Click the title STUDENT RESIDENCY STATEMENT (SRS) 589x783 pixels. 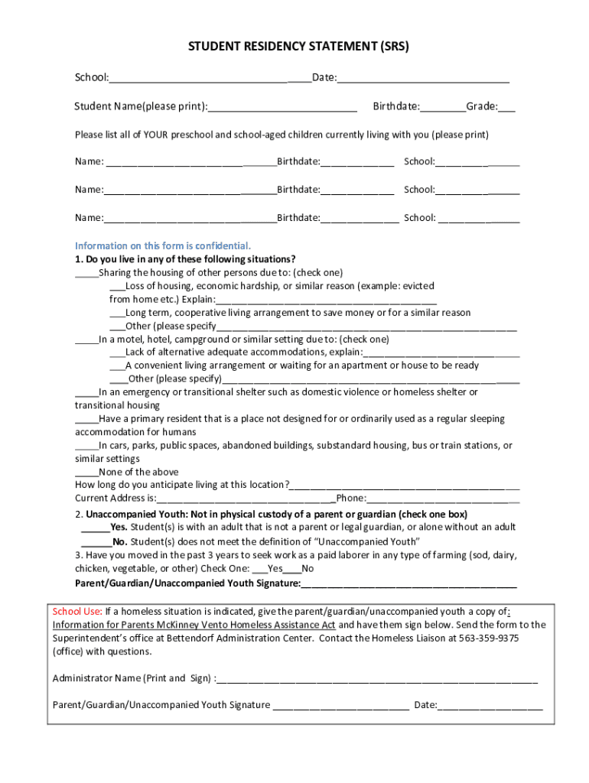click(x=298, y=47)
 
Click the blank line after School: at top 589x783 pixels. click(x=209, y=78)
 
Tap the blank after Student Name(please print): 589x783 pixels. click(x=283, y=107)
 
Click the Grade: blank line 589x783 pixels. click(x=507, y=107)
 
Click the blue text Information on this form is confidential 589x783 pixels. click(x=162, y=245)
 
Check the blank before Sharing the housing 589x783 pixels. click(x=86, y=273)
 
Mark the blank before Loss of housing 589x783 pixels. click(x=117, y=287)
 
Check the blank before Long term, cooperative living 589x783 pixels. click(x=117, y=314)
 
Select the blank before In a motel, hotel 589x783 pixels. click(x=86, y=340)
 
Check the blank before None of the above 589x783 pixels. click(x=86, y=473)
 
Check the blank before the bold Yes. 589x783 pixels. click(x=95, y=528)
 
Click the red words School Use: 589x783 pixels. click(x=77, y=611)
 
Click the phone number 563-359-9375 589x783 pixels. click(x=490, y=638)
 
